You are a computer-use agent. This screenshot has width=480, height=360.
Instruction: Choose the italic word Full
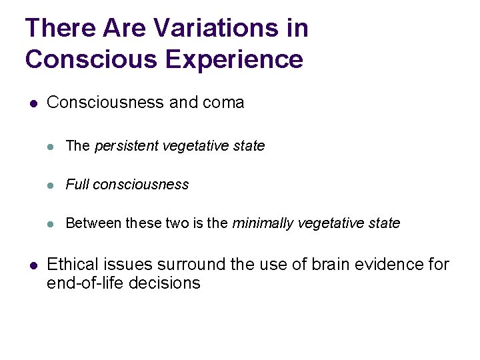77,185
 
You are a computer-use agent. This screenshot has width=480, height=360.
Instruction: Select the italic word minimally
261,223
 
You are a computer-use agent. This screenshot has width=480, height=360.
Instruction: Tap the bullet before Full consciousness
51,185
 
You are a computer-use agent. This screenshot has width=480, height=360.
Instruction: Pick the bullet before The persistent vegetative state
51,147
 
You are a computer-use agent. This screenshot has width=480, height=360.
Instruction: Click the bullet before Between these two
51,224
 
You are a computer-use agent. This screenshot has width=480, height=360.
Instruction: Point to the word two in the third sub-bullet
177,223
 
